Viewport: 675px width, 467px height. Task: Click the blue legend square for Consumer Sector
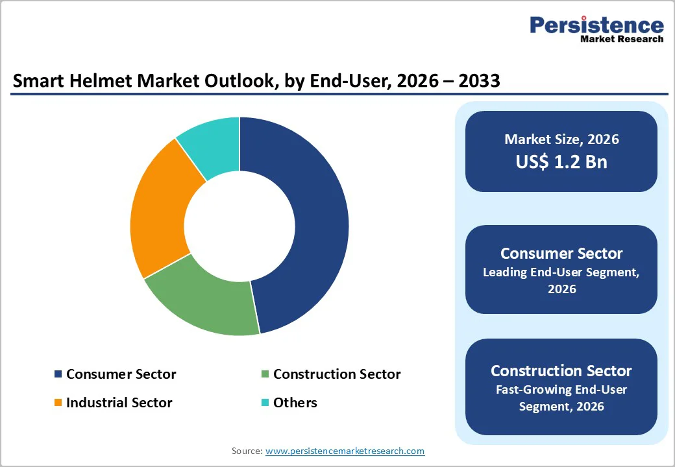point(58,374)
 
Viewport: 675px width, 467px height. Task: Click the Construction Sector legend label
point(337,374)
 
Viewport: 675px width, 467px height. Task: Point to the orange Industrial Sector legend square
point(58,403)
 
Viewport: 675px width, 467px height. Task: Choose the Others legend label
point(295,403)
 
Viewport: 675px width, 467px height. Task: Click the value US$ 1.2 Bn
point(561,162)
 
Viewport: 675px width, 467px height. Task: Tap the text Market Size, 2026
point(561,139)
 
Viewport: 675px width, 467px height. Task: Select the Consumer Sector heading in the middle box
point(561,254)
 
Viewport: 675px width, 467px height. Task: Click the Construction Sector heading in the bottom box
point(561,371)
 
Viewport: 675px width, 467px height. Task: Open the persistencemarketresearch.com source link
point(345,451)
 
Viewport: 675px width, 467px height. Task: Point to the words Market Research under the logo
point(622,39)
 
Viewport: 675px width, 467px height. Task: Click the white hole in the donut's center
point(239,226)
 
